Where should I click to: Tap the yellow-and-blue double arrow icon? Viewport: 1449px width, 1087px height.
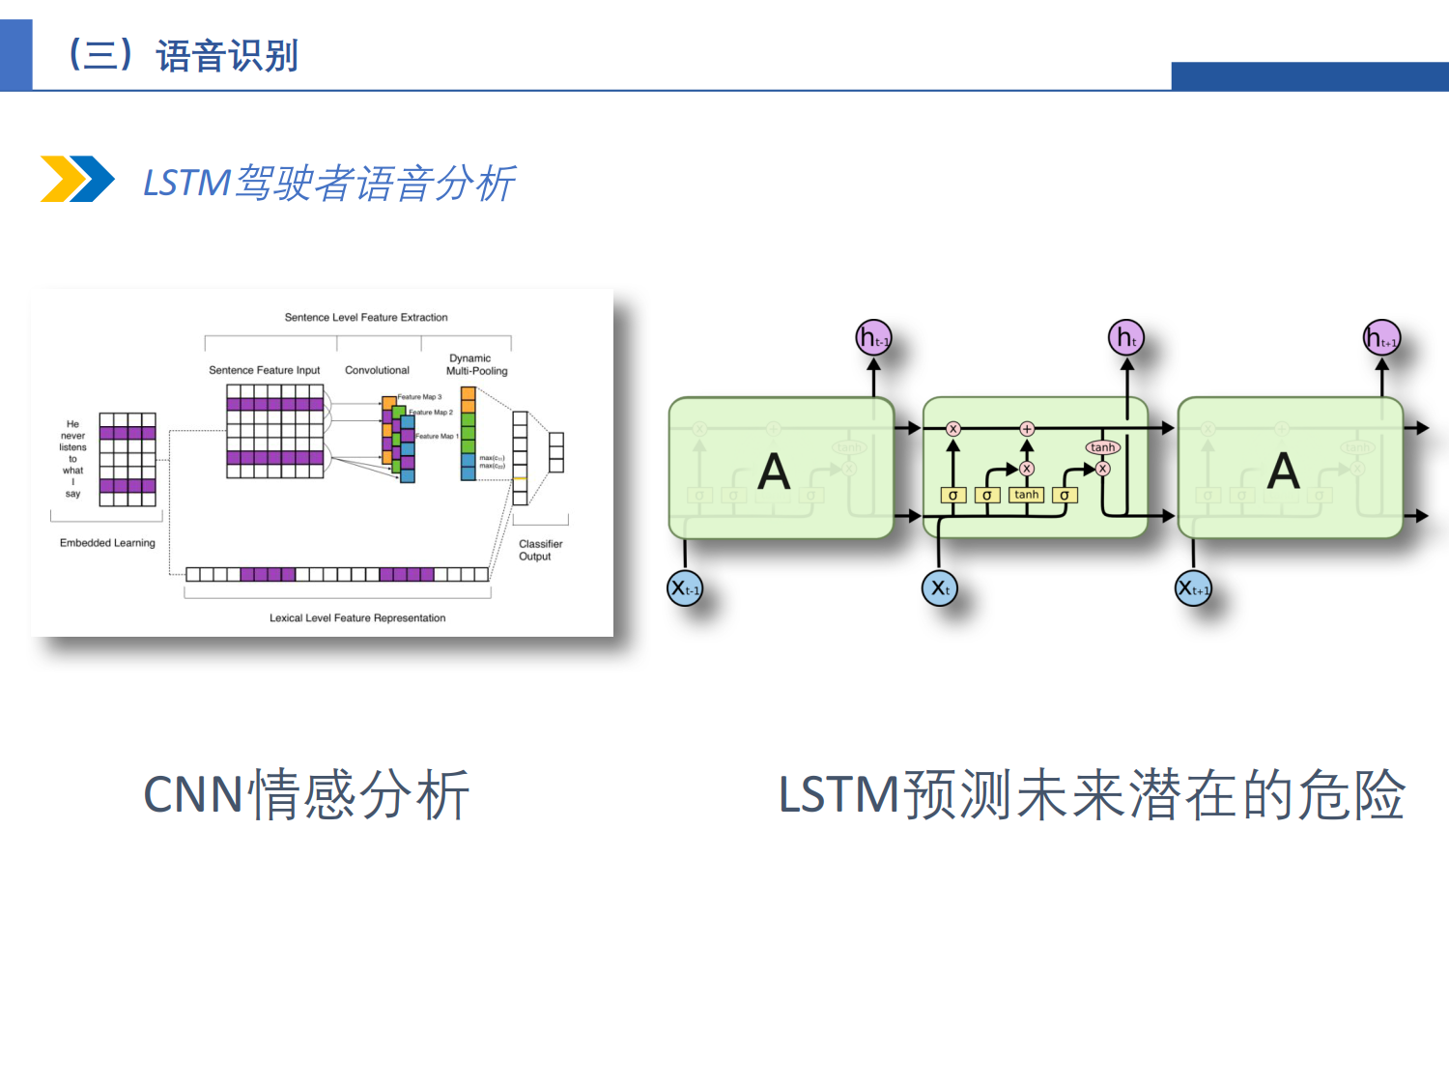(76, 179)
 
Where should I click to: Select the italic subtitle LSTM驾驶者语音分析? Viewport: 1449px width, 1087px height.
(328, 183)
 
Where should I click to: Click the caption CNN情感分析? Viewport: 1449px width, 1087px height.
(306, 795)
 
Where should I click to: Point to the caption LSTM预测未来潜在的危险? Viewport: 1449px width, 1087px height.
(1091, 795)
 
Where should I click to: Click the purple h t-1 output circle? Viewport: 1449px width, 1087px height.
(873, 338)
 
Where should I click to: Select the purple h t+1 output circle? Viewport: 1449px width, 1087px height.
(1381, 338)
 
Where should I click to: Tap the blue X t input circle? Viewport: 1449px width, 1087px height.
(940, 587)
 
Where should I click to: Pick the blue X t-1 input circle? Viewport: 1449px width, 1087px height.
(685, 587)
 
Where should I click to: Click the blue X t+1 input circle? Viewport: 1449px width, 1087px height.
(1193, 587)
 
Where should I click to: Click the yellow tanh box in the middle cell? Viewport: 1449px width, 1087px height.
(1026, 495)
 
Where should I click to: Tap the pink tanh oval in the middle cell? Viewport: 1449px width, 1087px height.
(1102, 447)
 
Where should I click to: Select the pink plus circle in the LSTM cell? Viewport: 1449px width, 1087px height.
(1027, 428)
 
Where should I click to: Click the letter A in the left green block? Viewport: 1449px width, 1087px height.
(774, 472)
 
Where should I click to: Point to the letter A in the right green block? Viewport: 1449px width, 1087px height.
(1283, 472)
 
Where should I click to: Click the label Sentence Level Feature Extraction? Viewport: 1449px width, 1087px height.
(366, 317)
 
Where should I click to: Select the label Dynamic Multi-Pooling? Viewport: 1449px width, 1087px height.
(475, 364)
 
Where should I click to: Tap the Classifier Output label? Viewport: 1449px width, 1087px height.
(540, 550)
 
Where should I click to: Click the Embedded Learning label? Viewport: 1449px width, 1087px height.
(107, 543)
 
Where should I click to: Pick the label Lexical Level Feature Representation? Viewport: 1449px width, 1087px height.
(357, 618)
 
